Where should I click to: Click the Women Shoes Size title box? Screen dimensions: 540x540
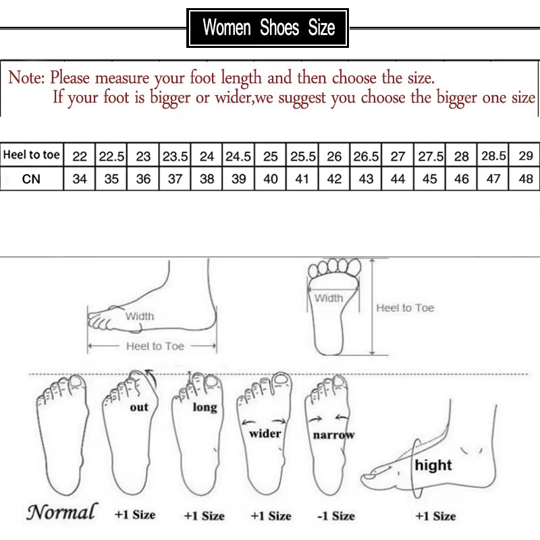(268, 28)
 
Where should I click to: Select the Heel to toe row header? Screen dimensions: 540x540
(32, 156)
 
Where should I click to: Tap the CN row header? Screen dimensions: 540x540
(32, 180)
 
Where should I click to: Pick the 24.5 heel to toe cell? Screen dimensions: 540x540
(238, 156)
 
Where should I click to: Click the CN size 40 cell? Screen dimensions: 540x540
(271, 180)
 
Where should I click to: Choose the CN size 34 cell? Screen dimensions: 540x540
(80, 180)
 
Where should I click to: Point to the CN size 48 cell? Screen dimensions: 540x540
(526, 180)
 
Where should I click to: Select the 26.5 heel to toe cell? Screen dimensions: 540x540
(366, 156)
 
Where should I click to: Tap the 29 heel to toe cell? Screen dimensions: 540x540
(526, 156)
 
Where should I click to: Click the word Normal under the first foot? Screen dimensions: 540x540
(62, 512)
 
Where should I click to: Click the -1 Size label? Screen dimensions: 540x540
(335, 516)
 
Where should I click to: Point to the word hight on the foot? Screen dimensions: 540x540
(433, 465)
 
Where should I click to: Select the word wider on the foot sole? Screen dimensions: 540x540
(265, 433)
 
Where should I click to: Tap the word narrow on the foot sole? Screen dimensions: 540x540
(333, 435)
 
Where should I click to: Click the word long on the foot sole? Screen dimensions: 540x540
(205, 408)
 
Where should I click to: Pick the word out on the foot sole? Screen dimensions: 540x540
(139, 407)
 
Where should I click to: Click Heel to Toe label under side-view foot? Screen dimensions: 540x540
(155, 346)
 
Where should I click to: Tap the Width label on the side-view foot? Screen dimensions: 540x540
(140, 316)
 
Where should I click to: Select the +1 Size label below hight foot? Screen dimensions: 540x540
(435, 516)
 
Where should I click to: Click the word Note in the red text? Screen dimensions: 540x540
(26, 78)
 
